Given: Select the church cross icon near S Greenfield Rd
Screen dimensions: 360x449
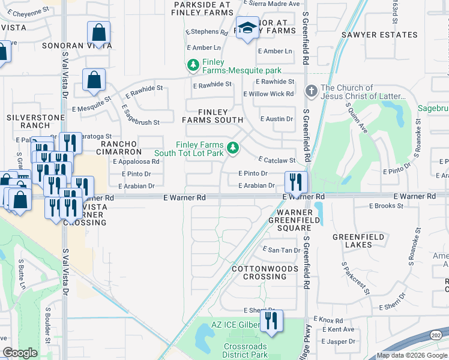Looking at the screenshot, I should pos(311,92).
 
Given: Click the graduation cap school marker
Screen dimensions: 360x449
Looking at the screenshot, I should pos(247,28).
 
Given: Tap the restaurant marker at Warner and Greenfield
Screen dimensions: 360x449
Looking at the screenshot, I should pos(295,181).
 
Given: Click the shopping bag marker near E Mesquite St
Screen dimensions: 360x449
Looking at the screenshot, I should pos(94,80).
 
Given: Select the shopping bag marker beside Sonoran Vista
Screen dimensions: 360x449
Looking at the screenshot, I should pos(98,34).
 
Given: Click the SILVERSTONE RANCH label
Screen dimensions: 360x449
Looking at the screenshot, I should pos(28,121).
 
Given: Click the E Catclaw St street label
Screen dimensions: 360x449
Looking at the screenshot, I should pos(277,160).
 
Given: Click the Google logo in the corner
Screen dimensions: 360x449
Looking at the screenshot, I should pos(20,353).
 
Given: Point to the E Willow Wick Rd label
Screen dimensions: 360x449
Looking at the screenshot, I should pos(268,94).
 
